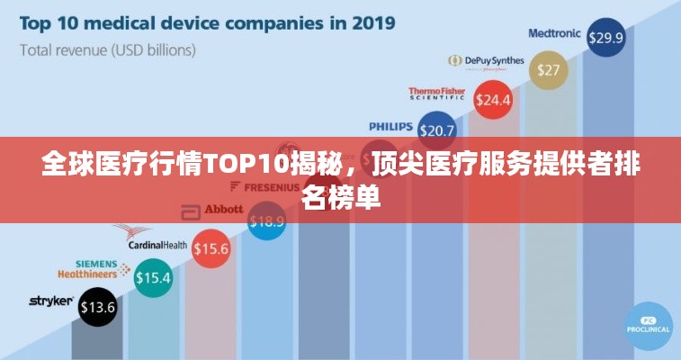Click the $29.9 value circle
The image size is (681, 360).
coord(605,38)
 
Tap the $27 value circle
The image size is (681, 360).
coord(548,69)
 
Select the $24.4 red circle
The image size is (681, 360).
coord(492,99)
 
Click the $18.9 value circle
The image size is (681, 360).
coord(266,220)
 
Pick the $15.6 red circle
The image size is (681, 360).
coord(211,247)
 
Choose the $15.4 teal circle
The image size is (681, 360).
coord(153,278)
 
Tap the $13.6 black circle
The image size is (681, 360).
coord(98,307)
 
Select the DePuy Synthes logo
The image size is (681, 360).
coord(486,60)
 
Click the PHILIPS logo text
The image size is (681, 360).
coord(391,127)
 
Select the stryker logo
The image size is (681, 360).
coord(51,301)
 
